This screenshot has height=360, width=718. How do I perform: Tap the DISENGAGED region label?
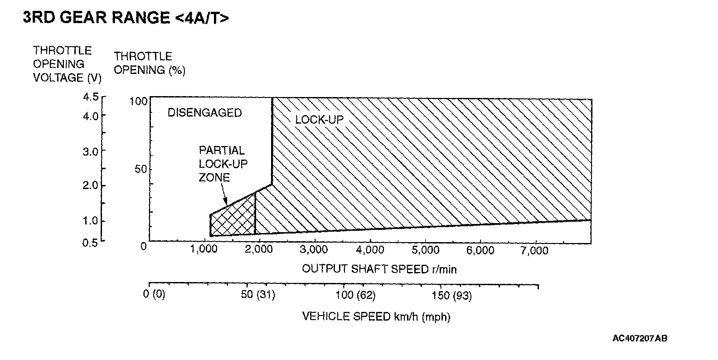click(205, 113)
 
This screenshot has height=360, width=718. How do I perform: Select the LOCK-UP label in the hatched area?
click(319, 120)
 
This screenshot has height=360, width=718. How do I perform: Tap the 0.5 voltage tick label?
click(90, 243)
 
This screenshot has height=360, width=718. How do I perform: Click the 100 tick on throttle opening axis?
click(139, 101)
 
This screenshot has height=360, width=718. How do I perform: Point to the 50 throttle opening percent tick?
click(141, 170)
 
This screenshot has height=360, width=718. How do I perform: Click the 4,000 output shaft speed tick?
click(370, 250)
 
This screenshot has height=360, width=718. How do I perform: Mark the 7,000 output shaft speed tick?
click(535, 250)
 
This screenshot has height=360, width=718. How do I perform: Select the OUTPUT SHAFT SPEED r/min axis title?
click(379, 269)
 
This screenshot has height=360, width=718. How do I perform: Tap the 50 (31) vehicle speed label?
click(258, 296)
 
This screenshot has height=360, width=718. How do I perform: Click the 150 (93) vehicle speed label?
click(452, 296)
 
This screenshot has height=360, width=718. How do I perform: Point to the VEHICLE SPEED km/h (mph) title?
click(376, 316)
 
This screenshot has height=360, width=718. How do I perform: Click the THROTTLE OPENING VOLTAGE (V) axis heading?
click(67, 64)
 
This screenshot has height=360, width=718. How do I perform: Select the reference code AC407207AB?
click(640, 338)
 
